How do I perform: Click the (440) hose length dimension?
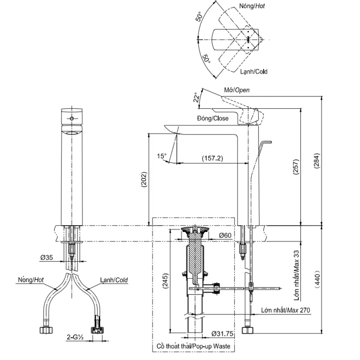tap(317, 279)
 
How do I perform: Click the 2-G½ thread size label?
tap(75, 337)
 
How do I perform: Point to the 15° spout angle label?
tap(162, 156)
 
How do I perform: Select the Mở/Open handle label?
tap(237, 90)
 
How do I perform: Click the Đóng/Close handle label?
tap(212, 118)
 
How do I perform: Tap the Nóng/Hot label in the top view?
tap(252, 6)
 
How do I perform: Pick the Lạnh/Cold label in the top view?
tap(254, 72)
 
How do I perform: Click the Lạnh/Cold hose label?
tap(114, 280)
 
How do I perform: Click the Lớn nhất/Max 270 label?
tap(285, 310)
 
